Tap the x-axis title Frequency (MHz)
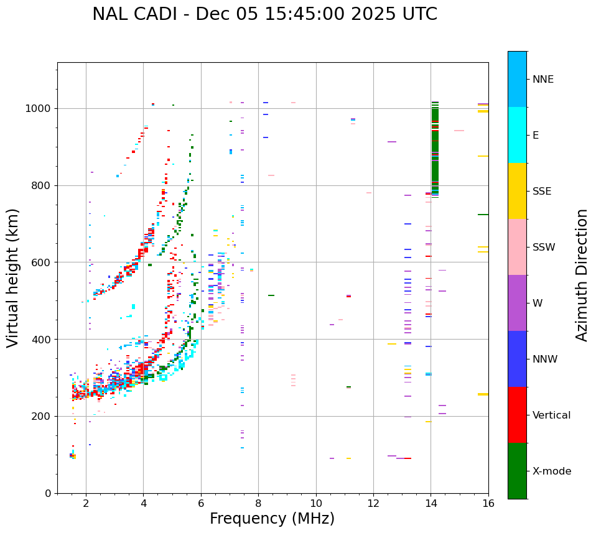click(x=272, y=519)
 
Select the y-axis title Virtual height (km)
click(x=13, y=277)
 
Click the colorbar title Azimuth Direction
click(x=582, y=274)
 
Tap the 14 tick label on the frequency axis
click(x=431, y=503)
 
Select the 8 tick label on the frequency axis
click(x=258, y=503)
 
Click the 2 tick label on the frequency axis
click(x=86, y=503)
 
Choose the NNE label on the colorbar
click(x=543, y=80)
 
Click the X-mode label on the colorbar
click(x=552, y=471)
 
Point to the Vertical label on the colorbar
click(x=551, y=415)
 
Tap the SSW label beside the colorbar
click(x=544, y=248)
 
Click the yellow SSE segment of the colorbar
click(x=517, y=191)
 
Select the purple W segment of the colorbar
click(x=517, y=303)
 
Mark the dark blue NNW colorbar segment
click(x=517, y=359)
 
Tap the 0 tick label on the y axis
click(x=49, y=493)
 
